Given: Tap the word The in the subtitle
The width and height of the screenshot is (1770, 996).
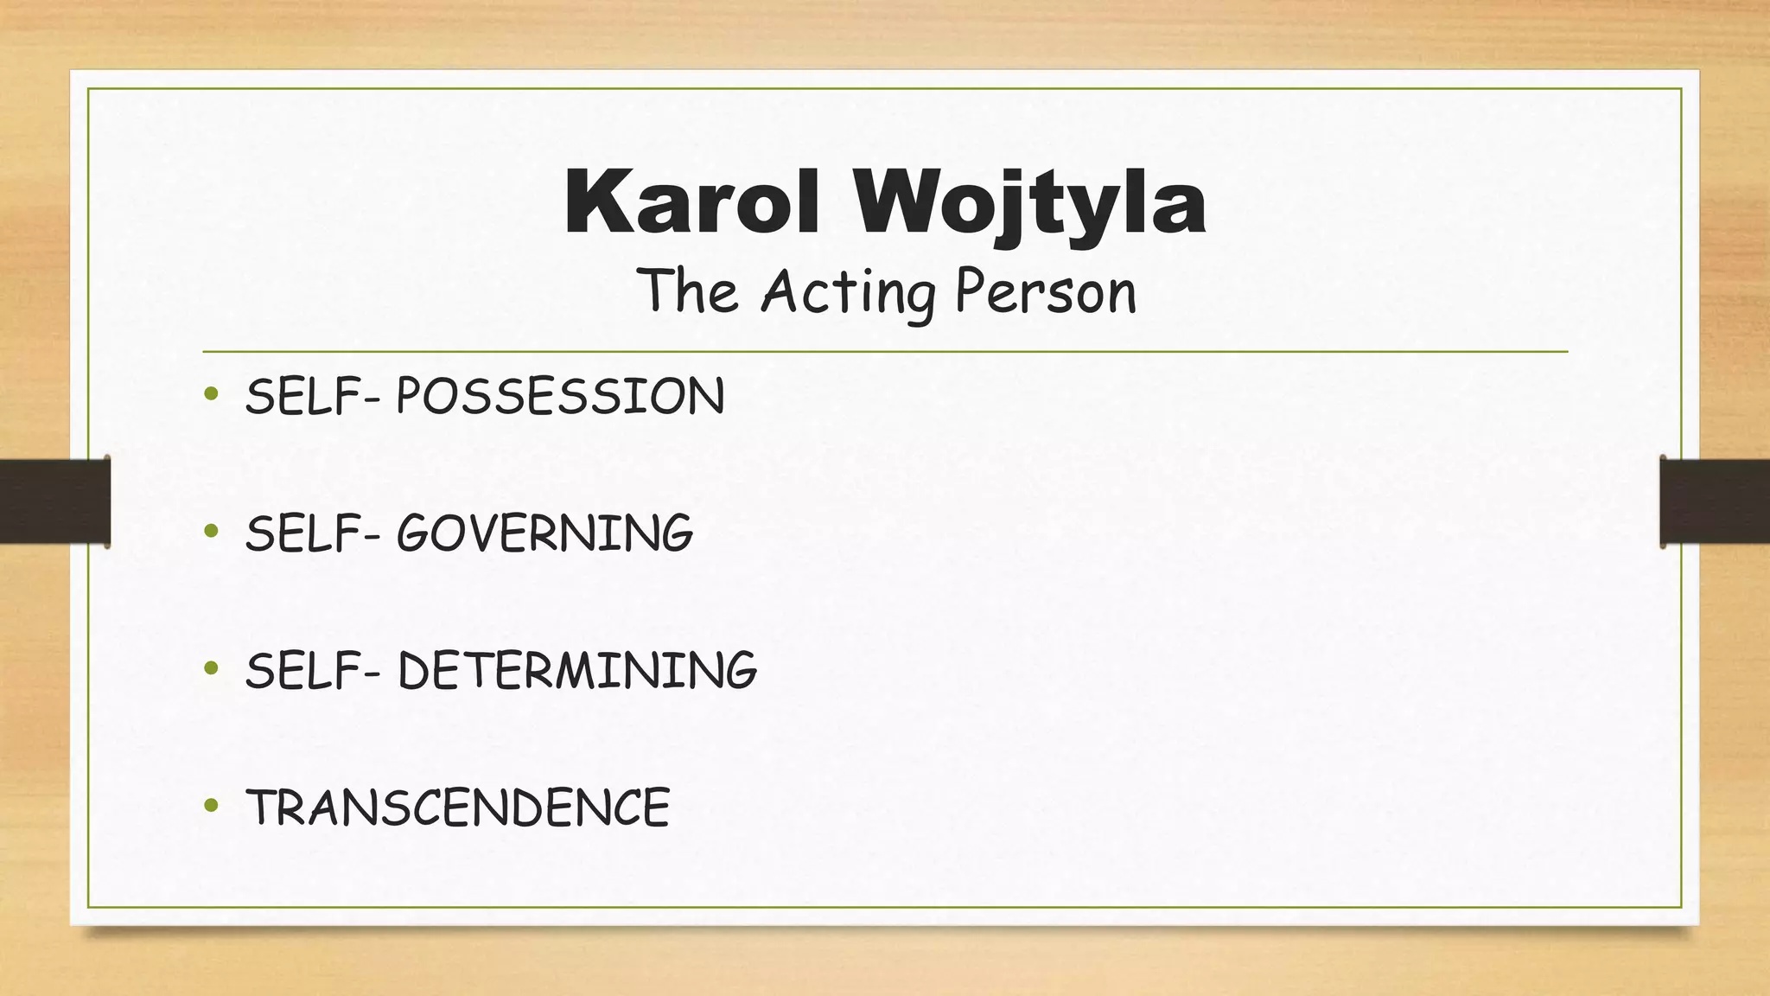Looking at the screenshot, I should (688, 290).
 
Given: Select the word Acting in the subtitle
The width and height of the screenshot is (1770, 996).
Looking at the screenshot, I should (848, 292).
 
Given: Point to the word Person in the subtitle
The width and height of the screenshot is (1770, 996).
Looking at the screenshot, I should (1046, 292).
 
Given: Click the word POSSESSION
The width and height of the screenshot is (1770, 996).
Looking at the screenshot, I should (560, 397).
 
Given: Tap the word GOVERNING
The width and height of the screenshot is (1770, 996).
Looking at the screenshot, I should (544, 533).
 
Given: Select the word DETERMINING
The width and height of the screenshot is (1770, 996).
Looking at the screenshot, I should (576, 670).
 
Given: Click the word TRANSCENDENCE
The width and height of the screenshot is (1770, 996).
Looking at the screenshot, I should (458, 808).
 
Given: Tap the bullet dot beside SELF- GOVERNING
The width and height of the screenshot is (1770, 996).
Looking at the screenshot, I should (211, 531).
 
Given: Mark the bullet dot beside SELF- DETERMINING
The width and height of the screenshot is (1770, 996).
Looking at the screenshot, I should (211, 668).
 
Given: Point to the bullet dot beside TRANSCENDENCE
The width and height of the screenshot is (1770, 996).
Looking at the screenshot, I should (211, 806).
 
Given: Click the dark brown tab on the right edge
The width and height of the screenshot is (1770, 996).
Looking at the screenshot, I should (1715, 502).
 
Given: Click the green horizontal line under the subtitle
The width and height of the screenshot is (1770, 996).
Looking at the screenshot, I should (885, 352).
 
